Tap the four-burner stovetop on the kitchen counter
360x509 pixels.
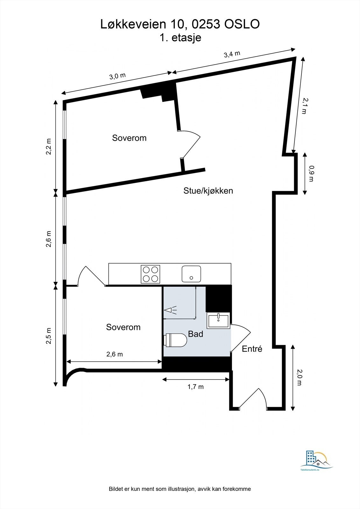pos(150,274)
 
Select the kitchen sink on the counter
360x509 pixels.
pos(191,274)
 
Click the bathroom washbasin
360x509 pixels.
pos(218,320)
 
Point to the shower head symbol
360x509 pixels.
pos(171,310)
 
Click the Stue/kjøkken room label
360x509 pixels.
pos(208,191)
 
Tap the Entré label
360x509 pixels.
pos(252,349)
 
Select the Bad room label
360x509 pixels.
pos(195,334)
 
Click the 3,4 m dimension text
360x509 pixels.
pos(232,54)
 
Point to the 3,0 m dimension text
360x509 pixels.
pos(117,76)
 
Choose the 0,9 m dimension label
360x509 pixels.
pos(311,173)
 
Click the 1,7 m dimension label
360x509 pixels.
pos(195,387)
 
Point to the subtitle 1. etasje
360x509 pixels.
pos(180,38)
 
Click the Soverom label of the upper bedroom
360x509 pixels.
pos(129,138)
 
